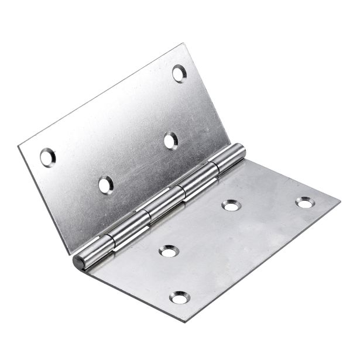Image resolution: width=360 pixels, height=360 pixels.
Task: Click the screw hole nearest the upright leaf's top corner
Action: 179,73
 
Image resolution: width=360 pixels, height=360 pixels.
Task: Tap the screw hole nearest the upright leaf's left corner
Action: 47,157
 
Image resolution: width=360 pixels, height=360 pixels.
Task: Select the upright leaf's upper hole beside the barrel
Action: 170,140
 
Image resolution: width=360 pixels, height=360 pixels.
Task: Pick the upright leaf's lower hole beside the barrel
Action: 105,185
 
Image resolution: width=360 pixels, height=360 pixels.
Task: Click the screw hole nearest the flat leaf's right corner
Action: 304,203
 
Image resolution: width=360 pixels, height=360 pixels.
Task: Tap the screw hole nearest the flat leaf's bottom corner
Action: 179,299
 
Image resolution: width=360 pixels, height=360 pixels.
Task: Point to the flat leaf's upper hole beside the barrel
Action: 231,205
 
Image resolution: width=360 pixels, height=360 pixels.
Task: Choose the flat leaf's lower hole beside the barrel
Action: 169,251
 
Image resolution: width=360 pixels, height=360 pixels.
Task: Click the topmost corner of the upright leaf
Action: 186,44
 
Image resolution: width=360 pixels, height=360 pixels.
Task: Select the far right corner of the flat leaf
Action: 340,203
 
